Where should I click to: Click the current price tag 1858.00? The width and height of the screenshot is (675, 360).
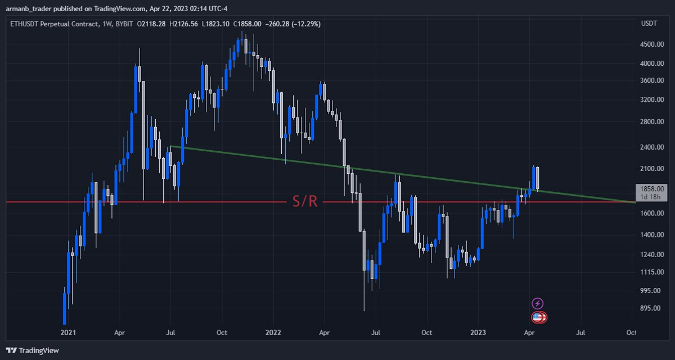pyautogui.click(x=650, y=189)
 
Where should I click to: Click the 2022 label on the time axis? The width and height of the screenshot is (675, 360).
pyautogui.click(x=273, y=332)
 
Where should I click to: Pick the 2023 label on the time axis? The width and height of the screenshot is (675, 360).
pyautogui.click(x=478, y=332)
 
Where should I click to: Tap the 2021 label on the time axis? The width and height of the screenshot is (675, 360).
pyautogui.click(x=68, y=332)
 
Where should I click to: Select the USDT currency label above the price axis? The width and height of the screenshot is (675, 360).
pyautogui.click(x=649, y=23)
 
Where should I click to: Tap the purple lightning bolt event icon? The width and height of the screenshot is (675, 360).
pyautogui.click(x=538, y=303)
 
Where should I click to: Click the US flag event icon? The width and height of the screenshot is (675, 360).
pyautogui.click(x=538, y=317)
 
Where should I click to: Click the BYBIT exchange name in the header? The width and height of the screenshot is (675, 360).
pyautogui.click(x=120, y=24)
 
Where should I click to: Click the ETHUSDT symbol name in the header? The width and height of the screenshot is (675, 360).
pyautogui.click(x=26, y=24)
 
